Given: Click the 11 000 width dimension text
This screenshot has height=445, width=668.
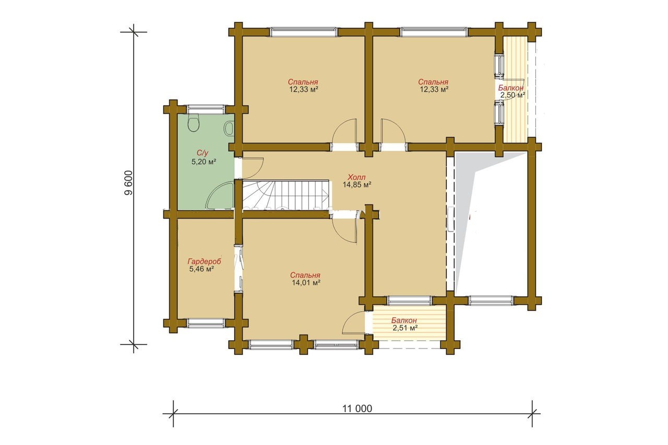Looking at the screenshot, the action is click(x=357, y=408).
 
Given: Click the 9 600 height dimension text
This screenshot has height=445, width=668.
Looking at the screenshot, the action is click(x=128, y=183).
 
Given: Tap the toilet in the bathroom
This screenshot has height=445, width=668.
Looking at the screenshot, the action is click(x=194, y=123).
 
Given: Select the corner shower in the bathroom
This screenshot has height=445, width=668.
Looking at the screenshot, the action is click(x=220, y=196).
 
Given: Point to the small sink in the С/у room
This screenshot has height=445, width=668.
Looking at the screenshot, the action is click(x=229, y=128).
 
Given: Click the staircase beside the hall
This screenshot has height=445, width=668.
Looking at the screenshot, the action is click(x=286, y=195).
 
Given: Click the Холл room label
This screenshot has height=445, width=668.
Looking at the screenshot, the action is click(x=356, y=177).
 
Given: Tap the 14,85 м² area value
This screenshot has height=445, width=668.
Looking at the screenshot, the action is click(x=356, y=185).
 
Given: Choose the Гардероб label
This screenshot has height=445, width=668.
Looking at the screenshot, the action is click(x=204, y=261).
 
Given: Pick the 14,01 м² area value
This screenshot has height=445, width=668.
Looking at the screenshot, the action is click(x=306, y=283).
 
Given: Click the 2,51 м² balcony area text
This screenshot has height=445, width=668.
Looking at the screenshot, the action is click(x=404, y=328).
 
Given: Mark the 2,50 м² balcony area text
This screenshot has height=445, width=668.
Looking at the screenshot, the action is click(x=512, y=95).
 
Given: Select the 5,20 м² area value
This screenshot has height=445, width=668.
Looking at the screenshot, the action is click(x=204, y=162).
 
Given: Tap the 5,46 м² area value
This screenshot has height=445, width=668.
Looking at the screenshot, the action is click(x=201, y=269).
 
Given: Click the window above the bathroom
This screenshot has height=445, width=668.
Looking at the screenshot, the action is click(x=206, y=109).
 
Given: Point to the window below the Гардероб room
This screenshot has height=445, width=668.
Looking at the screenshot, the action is click(x=206, y=323).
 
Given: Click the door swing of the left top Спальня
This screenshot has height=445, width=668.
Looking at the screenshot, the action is click(x=345, y=131).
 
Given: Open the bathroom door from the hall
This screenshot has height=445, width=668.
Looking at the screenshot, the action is click(x=252, y=168).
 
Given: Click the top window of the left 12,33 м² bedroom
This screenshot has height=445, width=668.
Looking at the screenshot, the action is click(x=304, y=32).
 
